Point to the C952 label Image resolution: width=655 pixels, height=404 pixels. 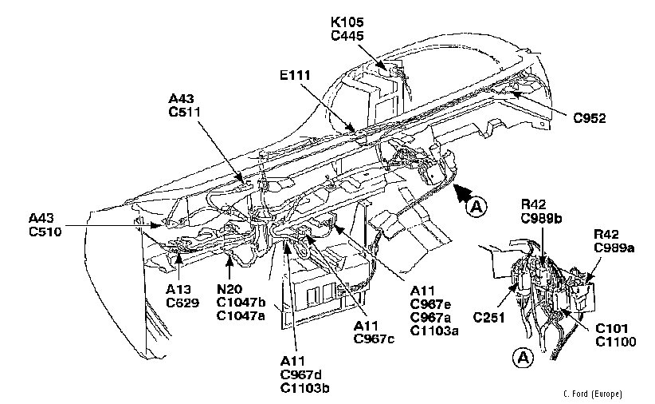coord(590,118)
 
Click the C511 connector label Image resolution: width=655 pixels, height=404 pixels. coord(185,113)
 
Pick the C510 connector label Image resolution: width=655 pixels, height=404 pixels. coord(45,231)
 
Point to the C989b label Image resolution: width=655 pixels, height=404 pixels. coord(543,216)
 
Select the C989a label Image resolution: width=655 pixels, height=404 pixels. coord(614,248)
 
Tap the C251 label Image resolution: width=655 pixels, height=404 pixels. coord(490,318)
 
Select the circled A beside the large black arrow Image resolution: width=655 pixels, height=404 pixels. coord(477,207)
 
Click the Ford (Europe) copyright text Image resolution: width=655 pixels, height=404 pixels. coord(591,394)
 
